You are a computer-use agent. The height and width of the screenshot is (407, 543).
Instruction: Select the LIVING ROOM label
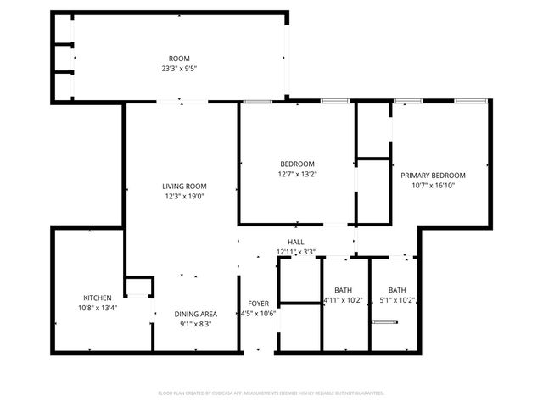tap(185, 187)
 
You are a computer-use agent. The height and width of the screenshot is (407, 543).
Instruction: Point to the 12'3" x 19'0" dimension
tap(185, 196)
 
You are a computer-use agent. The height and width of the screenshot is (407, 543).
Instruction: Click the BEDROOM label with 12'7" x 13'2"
tap(298, 164)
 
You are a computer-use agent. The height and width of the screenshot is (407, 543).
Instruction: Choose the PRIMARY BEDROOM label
tap(434, 176)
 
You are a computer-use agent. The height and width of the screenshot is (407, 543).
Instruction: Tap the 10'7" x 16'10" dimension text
tap(434, 185)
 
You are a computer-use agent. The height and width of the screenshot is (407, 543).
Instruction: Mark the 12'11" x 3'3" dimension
tap(296, 252)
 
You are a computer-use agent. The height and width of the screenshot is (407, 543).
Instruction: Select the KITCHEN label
tap(97, 298)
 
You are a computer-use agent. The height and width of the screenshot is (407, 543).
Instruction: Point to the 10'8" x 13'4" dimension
tap(97, 307)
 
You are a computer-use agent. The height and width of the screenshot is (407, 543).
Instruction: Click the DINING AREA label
tap(196, 315)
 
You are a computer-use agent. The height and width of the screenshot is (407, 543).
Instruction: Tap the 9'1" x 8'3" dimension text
tap(196, 324)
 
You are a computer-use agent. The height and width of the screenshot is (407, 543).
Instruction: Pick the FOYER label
tap(258, 304)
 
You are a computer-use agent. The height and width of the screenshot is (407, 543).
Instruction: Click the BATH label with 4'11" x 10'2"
tap(344, 290)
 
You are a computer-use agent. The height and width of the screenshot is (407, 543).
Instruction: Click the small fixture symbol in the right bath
tap(384, 321)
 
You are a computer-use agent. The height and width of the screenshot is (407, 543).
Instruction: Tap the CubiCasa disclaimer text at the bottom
tap(271, 393)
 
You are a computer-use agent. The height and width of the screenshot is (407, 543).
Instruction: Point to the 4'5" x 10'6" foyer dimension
tap(258, 313)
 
